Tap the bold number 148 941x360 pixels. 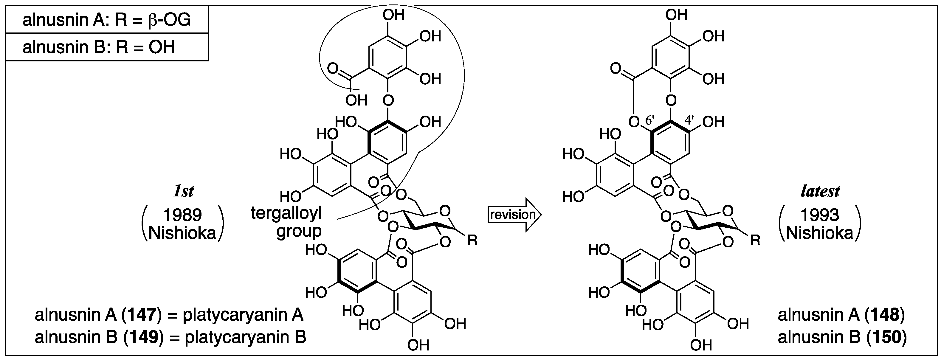pos(884,315)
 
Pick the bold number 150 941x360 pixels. pos(886,337)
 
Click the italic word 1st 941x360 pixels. pos(183,191)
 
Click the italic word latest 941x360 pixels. pos(820,191)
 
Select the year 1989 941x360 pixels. pos(183,215)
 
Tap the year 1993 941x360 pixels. pos(820,215)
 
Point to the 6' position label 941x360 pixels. pos(650,120)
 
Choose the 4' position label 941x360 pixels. pos(689,120)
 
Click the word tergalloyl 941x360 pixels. pos(286,213)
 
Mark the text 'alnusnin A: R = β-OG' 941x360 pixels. pos(107,20)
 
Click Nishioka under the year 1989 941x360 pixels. pos(182,233)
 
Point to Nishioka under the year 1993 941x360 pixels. pos(820,233)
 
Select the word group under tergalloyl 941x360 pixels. pos(299,232)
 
